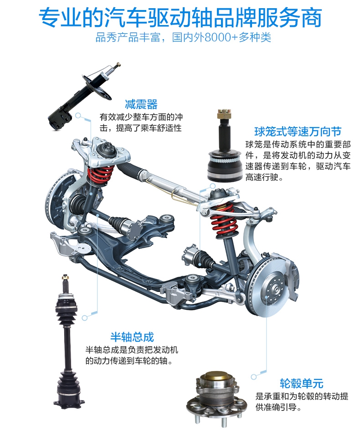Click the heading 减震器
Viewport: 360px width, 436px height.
click(141, 104)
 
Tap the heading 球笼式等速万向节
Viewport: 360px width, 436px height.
click(298, 132)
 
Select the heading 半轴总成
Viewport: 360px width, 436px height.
click(132, 337)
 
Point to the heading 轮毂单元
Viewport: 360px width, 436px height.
click(302, 383)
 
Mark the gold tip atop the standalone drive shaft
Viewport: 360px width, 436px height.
click(66, 277)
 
